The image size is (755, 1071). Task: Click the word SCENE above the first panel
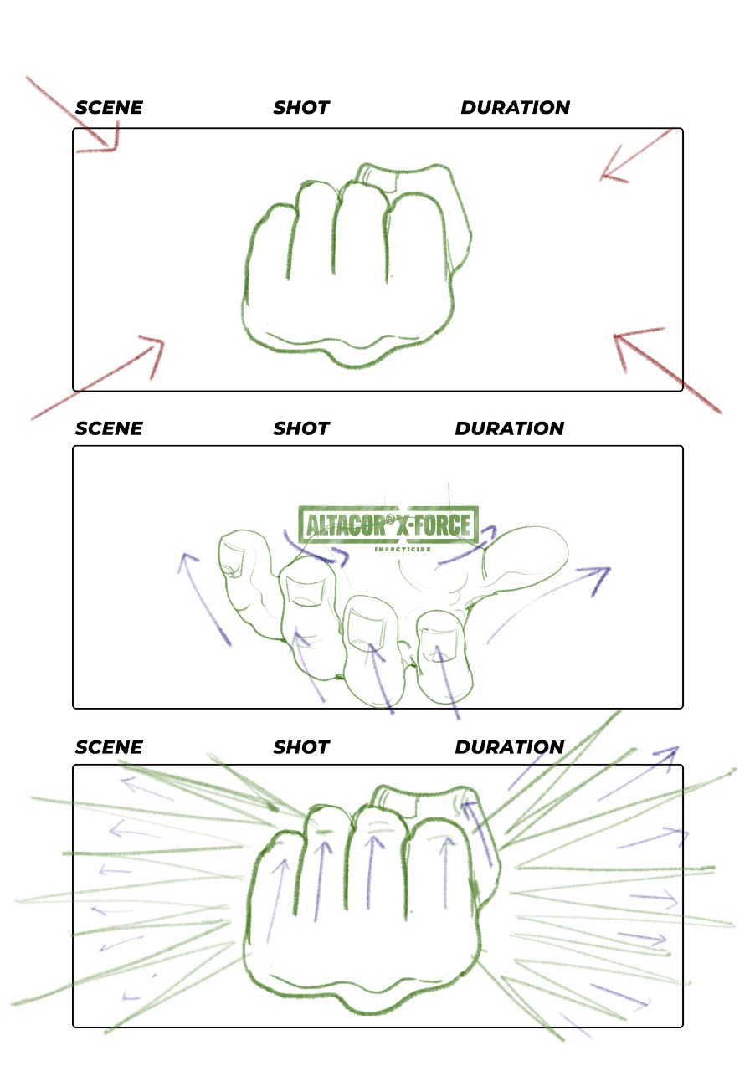click(x=109, y=108)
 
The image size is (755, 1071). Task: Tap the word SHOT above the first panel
click(x=301, y=108)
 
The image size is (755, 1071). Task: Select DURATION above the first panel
click(x=516, y=108)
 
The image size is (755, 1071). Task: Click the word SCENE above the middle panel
click(x=109, y=428)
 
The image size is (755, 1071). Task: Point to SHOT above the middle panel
click(x=301, y=428)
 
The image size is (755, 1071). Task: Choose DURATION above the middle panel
click(x=510, y=428)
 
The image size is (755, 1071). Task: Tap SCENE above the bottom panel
click(x=109, y=747)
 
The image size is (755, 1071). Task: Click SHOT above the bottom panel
click(x=301, y=747)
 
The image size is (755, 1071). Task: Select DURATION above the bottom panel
click(x=510, y=747)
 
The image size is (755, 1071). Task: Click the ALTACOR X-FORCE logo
click(x=388, y=525)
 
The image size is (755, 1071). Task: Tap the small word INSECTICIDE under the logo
click(x=403, y=550)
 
